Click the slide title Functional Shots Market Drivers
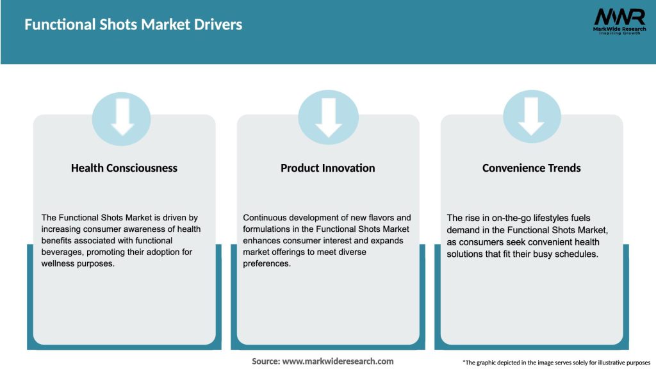[133, 25]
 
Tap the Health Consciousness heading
[124, 168]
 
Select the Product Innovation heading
[328, 168]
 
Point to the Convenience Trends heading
[532, 168]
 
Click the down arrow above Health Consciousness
[122, 117]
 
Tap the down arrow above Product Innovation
[328, 117]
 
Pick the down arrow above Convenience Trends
[532, 117]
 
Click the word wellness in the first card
[58, 263]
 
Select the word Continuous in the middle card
[266, 218]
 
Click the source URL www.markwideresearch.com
[338, 361]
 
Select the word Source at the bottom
[265, 361]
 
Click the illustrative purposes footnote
[556, 363]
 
